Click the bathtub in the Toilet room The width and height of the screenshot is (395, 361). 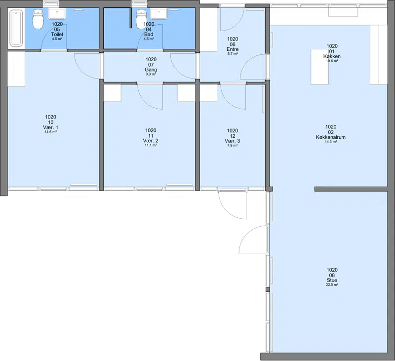16,28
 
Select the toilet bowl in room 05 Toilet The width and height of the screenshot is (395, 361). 38,19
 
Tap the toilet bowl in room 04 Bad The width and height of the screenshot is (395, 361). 141,19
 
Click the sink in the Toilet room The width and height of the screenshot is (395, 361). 57,14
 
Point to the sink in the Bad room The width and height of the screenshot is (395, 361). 158,14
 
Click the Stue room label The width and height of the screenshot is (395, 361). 332,280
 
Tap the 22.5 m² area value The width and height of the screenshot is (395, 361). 332,284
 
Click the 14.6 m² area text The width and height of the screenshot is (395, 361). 50,132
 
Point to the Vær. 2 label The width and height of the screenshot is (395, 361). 151,141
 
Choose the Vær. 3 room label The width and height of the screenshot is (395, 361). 232,141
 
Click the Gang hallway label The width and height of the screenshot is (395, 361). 151,70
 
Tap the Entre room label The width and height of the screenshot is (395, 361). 233,49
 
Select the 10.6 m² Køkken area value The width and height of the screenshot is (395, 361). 332,61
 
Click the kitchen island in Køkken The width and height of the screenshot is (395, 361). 319,67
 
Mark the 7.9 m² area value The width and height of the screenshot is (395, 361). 232,145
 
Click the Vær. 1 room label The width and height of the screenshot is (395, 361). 50,127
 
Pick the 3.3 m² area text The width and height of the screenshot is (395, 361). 151,74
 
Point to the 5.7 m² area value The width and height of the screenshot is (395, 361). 233,54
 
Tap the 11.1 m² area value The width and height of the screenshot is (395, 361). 151,145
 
